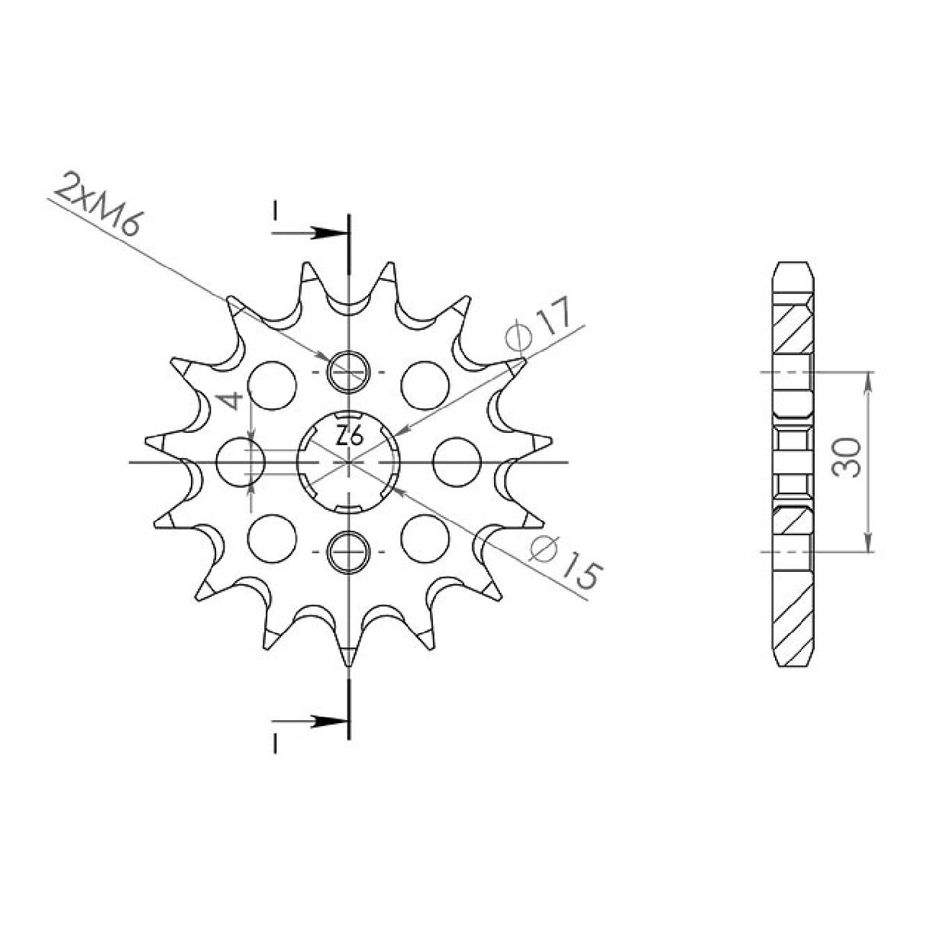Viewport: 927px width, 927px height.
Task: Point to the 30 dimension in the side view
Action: [848, 457]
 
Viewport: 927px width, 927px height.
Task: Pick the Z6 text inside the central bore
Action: [349, 437]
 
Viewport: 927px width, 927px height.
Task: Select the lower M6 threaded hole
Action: [348, 552]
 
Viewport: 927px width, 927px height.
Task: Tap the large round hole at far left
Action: [241, 462]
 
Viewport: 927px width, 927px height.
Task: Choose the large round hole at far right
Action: [457, 462]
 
